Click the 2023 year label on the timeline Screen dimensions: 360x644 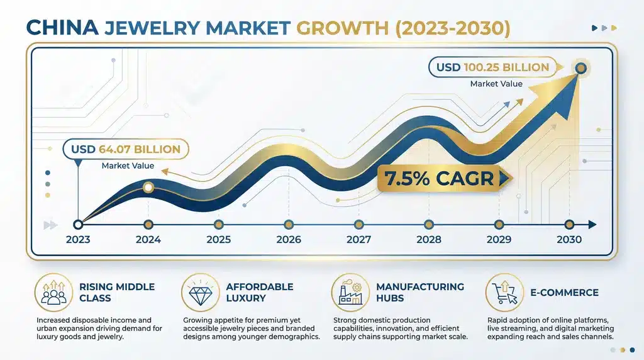(77, 239)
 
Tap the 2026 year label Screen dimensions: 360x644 (288, 239)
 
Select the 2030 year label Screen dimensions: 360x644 (569, 239)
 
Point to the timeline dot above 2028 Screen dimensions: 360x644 (429, 224)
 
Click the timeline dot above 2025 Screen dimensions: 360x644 (218, 224)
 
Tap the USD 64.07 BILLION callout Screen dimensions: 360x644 (125, 150)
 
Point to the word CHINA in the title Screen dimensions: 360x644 (60, 28)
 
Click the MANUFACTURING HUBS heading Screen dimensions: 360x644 (419, 292)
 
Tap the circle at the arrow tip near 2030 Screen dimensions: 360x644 (580, 68)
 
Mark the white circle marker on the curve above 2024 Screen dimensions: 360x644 (148, 187)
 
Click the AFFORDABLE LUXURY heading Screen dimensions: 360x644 (260, 292)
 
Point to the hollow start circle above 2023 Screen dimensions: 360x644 (77, 224)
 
